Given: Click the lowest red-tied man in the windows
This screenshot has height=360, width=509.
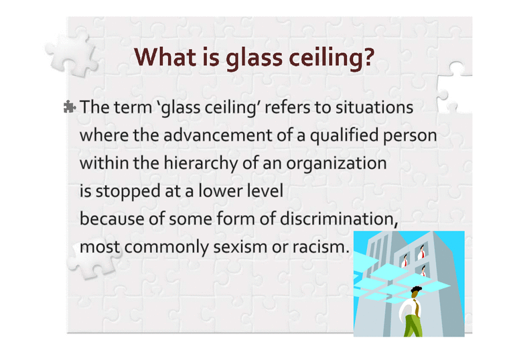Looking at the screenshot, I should pos(424,271).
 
